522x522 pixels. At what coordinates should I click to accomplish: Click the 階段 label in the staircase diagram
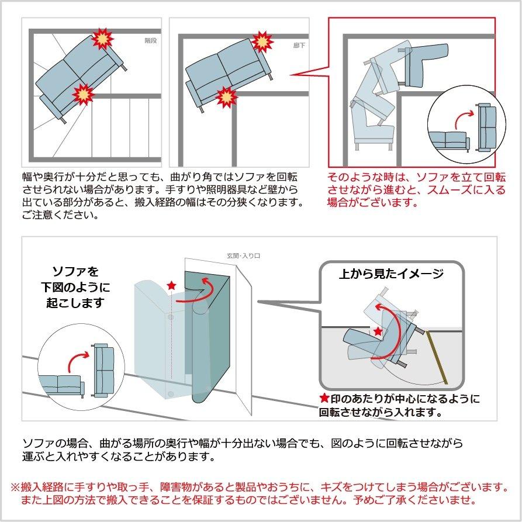[x=151, y=41]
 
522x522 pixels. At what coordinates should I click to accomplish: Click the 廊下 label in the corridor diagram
[x=299, y=44]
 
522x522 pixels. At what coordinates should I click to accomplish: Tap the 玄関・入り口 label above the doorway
[x=243, y=255]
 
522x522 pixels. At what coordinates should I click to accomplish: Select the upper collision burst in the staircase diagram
[x=104, y=39]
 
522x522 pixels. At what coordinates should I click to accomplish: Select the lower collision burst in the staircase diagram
[x=83, y=94]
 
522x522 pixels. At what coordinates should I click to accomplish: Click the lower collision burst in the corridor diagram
[x=225, y=96]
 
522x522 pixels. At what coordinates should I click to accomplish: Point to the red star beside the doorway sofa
[x=171, y=285]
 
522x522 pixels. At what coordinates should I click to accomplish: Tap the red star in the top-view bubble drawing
[x=378, y=331]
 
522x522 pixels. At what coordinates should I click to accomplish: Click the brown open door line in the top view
[x=437, y=357]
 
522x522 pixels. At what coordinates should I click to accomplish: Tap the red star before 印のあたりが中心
[x=324, y=399]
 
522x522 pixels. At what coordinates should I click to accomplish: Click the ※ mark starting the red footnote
[x=16, y=487]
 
